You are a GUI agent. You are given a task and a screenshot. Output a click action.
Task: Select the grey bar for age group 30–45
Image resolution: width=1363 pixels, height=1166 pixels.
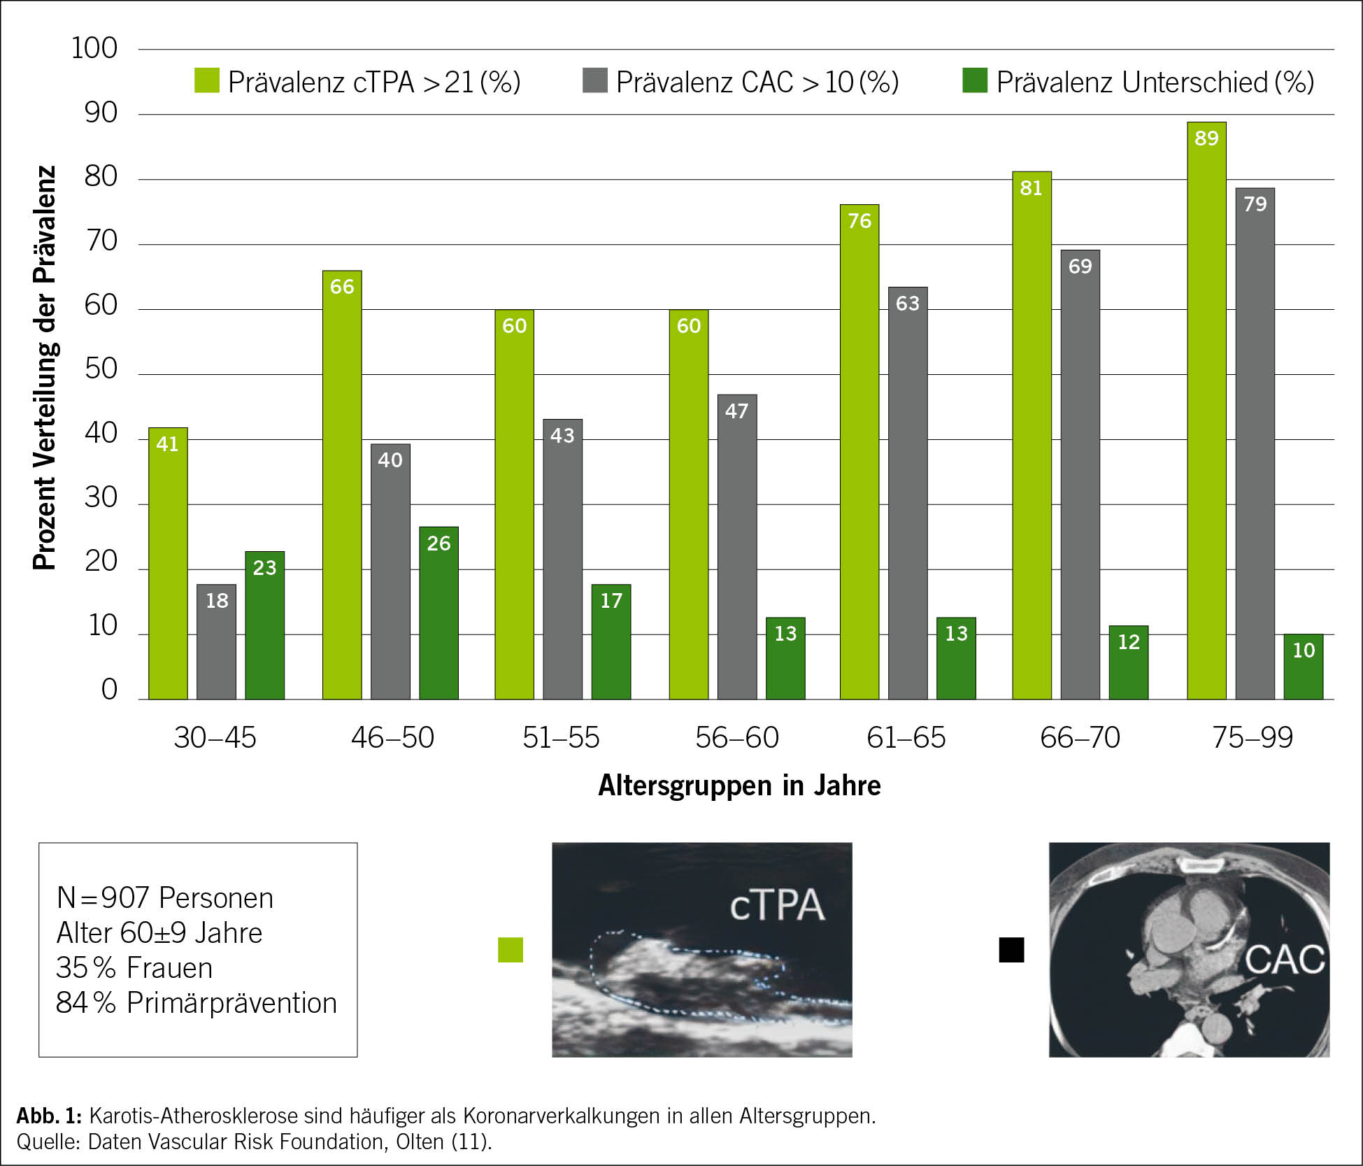pyautogui.click(x=216, y=641)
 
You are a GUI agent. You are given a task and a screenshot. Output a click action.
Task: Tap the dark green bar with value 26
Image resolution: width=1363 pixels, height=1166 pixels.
pyautogui.click(x=438, y=613)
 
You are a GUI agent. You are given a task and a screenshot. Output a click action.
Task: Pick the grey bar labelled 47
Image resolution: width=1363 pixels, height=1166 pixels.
pyautogui.click(x=737, y=547)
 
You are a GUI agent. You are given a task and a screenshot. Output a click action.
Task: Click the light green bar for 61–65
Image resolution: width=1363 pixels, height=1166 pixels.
pyautogui.click(x=859, y=452)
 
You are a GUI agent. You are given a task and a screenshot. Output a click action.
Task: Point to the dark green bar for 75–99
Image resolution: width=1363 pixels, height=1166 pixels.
pyautogui.click(x=1304, y=667)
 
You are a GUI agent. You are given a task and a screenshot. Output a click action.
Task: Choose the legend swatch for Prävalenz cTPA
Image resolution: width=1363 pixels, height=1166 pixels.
pyautogui.click(x=207, y=81)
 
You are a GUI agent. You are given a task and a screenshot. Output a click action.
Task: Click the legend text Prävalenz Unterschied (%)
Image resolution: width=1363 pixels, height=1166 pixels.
pyautogui.click(x=1155, y=83)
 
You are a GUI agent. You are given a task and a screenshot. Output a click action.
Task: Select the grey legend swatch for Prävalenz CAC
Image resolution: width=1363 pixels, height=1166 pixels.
pyautogui.click(x=595, y=81)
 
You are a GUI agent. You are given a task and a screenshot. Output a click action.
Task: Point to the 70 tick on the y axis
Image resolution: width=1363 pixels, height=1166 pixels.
pyautogui.click(x=101, y=241)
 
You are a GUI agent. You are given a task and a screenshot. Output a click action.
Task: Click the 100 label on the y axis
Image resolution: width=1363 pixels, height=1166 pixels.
pyautogui.click(x=94, y=48)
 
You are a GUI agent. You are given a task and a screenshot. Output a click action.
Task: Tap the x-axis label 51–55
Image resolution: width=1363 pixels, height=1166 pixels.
pyautogui.click(x=561, y=738)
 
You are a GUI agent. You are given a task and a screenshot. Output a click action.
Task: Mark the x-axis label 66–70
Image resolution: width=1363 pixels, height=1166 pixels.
pyautogui.click(x=1080, y=738)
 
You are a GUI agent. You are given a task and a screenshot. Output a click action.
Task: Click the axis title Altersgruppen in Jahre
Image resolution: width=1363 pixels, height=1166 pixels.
pyautogui.click(x=739, y=785)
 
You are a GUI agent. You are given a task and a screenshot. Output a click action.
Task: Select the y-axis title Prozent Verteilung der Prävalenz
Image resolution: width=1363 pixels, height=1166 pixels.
pyautogui.click(x=44, y=368)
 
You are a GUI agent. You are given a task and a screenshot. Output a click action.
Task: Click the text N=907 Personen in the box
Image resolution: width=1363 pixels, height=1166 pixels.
pyautogui.click(x=165, y=898)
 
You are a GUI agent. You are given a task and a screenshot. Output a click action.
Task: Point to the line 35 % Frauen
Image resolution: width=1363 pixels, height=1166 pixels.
pyautogui.click(x=134, y=968)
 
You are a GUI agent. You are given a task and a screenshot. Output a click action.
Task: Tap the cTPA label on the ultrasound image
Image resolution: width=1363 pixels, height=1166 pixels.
pyautogui.click(x=777, y=906)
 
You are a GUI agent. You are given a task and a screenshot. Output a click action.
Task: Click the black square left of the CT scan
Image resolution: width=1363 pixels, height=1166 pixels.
pyautogui.click(x=1011, y=950)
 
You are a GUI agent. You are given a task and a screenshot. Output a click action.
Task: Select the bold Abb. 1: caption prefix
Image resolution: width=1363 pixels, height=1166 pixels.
pyautogui.click(x=49, y=1115)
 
